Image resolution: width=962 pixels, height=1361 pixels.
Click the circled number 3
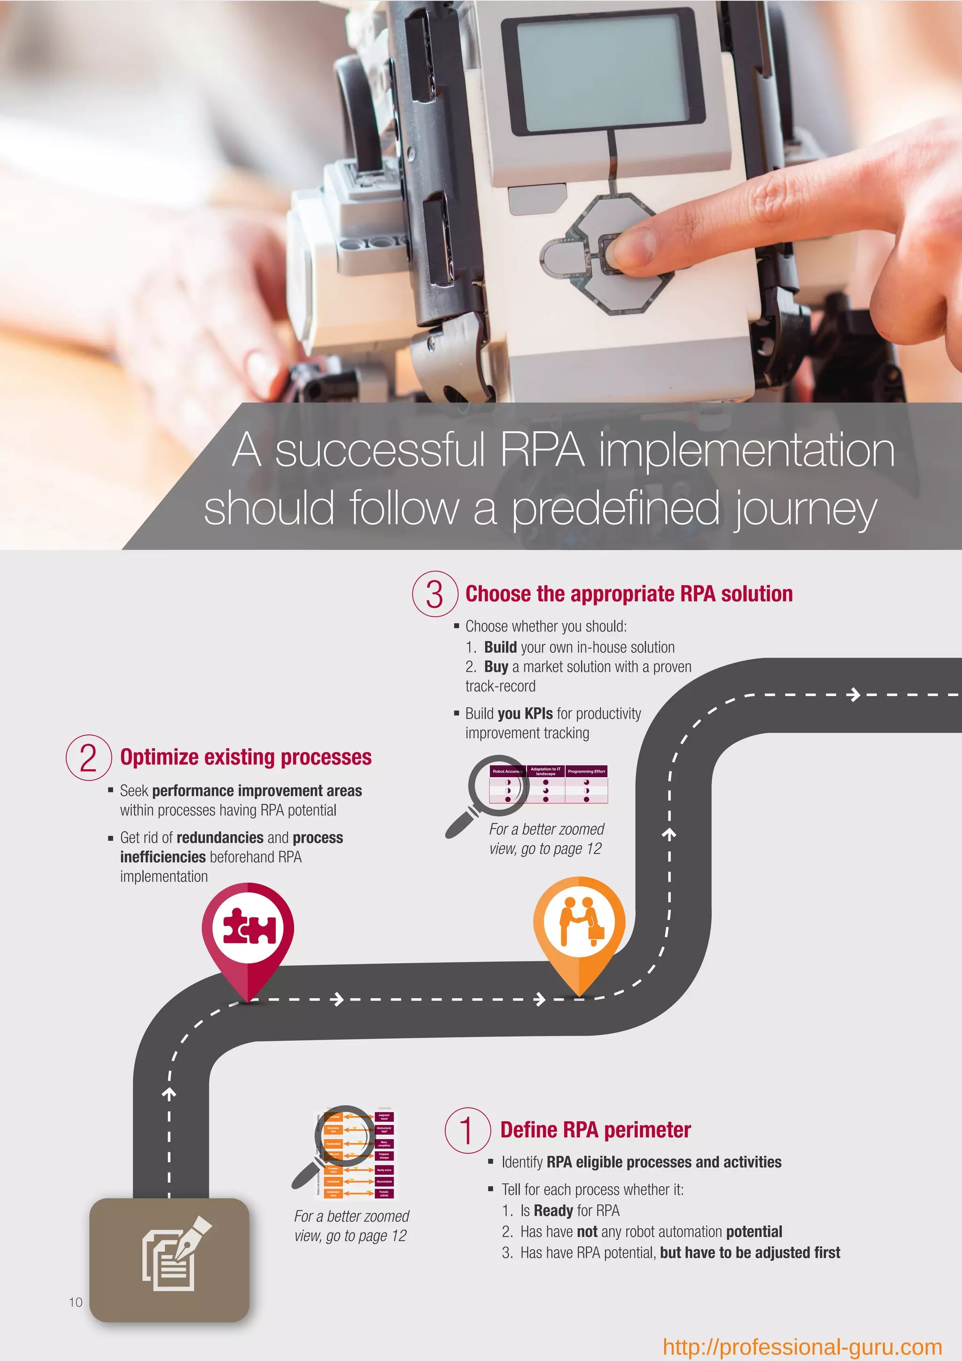coord(435,594)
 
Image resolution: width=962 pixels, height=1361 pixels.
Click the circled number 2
coord(89,758)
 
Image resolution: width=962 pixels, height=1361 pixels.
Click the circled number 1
coord(467,1130)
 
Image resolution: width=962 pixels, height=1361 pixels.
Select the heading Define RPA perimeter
coord(595,1130)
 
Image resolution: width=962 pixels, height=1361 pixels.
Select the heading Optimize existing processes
coord(246,758)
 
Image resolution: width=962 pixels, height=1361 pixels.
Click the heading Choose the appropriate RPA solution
coord(628,594)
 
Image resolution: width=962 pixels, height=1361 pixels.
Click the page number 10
coord(76,1302)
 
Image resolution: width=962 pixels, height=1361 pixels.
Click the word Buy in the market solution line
coord(496,667)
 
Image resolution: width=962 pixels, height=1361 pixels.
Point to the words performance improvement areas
coord(256,791)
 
